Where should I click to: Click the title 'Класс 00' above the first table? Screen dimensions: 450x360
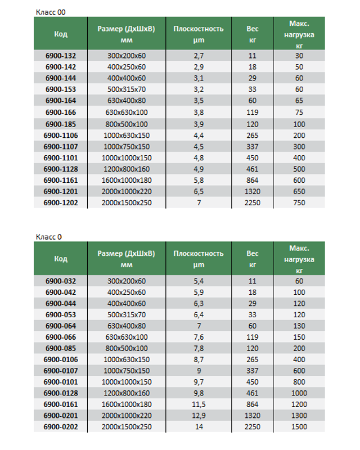51,12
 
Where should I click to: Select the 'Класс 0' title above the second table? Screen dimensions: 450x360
49,237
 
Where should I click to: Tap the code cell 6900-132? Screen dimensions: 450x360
61,56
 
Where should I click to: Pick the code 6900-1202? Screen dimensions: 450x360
61,202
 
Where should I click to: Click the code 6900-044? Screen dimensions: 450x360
61,303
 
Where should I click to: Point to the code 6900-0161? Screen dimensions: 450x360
61,404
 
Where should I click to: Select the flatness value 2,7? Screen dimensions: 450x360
198,56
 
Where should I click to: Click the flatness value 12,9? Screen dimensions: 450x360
198,416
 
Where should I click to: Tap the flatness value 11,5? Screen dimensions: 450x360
198,404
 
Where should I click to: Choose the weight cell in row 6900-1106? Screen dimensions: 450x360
252,135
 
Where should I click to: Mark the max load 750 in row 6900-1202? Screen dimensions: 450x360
299,202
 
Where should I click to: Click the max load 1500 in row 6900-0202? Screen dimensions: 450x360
299,427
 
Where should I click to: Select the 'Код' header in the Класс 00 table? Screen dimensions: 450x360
61,34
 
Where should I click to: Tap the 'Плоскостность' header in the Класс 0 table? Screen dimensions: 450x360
198,253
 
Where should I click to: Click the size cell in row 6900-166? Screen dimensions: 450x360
126,112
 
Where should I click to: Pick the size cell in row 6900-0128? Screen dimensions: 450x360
126,393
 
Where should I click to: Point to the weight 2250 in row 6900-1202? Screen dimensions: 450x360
252,202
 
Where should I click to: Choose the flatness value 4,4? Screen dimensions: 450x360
198,135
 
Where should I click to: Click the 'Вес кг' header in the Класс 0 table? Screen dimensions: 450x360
252,259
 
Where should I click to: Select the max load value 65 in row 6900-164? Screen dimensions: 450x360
299,101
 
